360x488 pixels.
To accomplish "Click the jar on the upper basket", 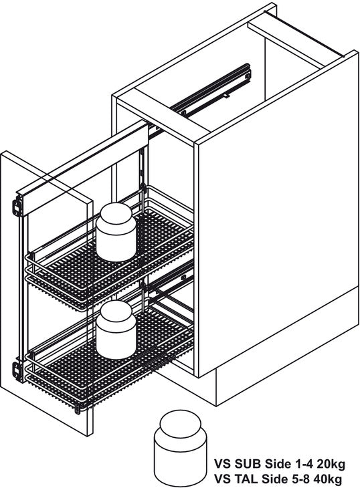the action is click(116, 232).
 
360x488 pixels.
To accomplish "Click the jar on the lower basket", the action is click(116, 330).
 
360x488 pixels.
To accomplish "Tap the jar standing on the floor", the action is click(180, 448).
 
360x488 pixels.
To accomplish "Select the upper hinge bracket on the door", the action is click(17, 206).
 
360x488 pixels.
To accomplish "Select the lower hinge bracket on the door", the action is click(17, 371).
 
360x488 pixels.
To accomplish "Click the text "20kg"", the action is click(331, 464).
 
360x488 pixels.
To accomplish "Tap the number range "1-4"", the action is click(304, 464).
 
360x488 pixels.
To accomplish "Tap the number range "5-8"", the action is click(301, 478).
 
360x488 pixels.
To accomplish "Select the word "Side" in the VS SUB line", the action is click(277, 464).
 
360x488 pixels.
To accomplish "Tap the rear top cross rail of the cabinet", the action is click(304, 34).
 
